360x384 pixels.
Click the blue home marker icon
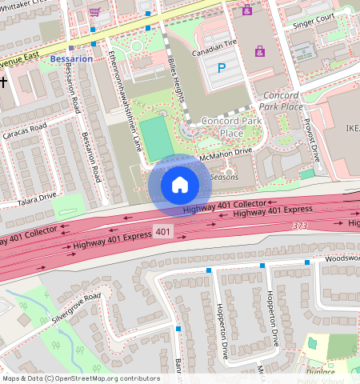click(x=180, y=185)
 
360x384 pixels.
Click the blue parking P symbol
click(x=222, y=69)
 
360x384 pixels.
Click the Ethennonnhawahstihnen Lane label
click(x=124, y=100)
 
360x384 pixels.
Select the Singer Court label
click(x=314, y=18)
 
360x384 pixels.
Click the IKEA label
click(x=352, y=127)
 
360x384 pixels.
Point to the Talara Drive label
click(x=38, y=195)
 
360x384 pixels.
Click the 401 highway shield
click(x=162, y=232)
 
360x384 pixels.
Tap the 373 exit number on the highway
click(x=300, y=226)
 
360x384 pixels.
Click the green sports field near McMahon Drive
click(x=157, y=138)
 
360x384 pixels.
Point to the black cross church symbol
click(x=3, y=82)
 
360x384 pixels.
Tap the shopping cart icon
click(x=95, y=13)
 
